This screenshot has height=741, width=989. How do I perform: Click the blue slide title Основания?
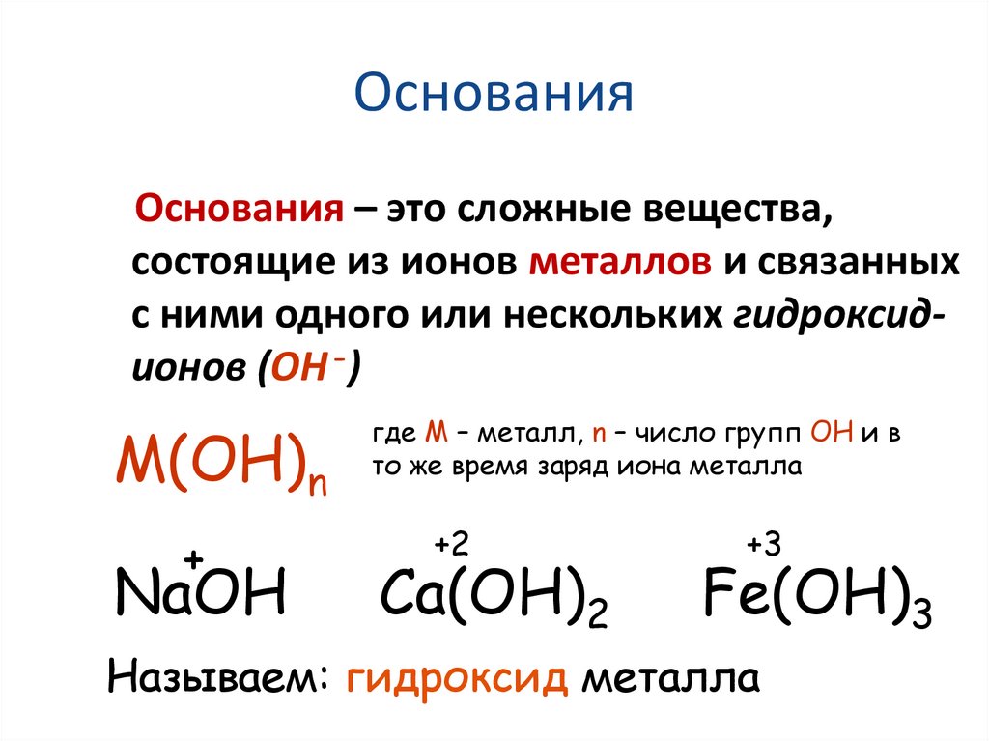[494, 96]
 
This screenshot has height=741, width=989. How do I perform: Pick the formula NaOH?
[200, 593]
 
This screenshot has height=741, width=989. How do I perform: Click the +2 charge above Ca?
[451, 546]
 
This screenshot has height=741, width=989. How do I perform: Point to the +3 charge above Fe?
[762, 546]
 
